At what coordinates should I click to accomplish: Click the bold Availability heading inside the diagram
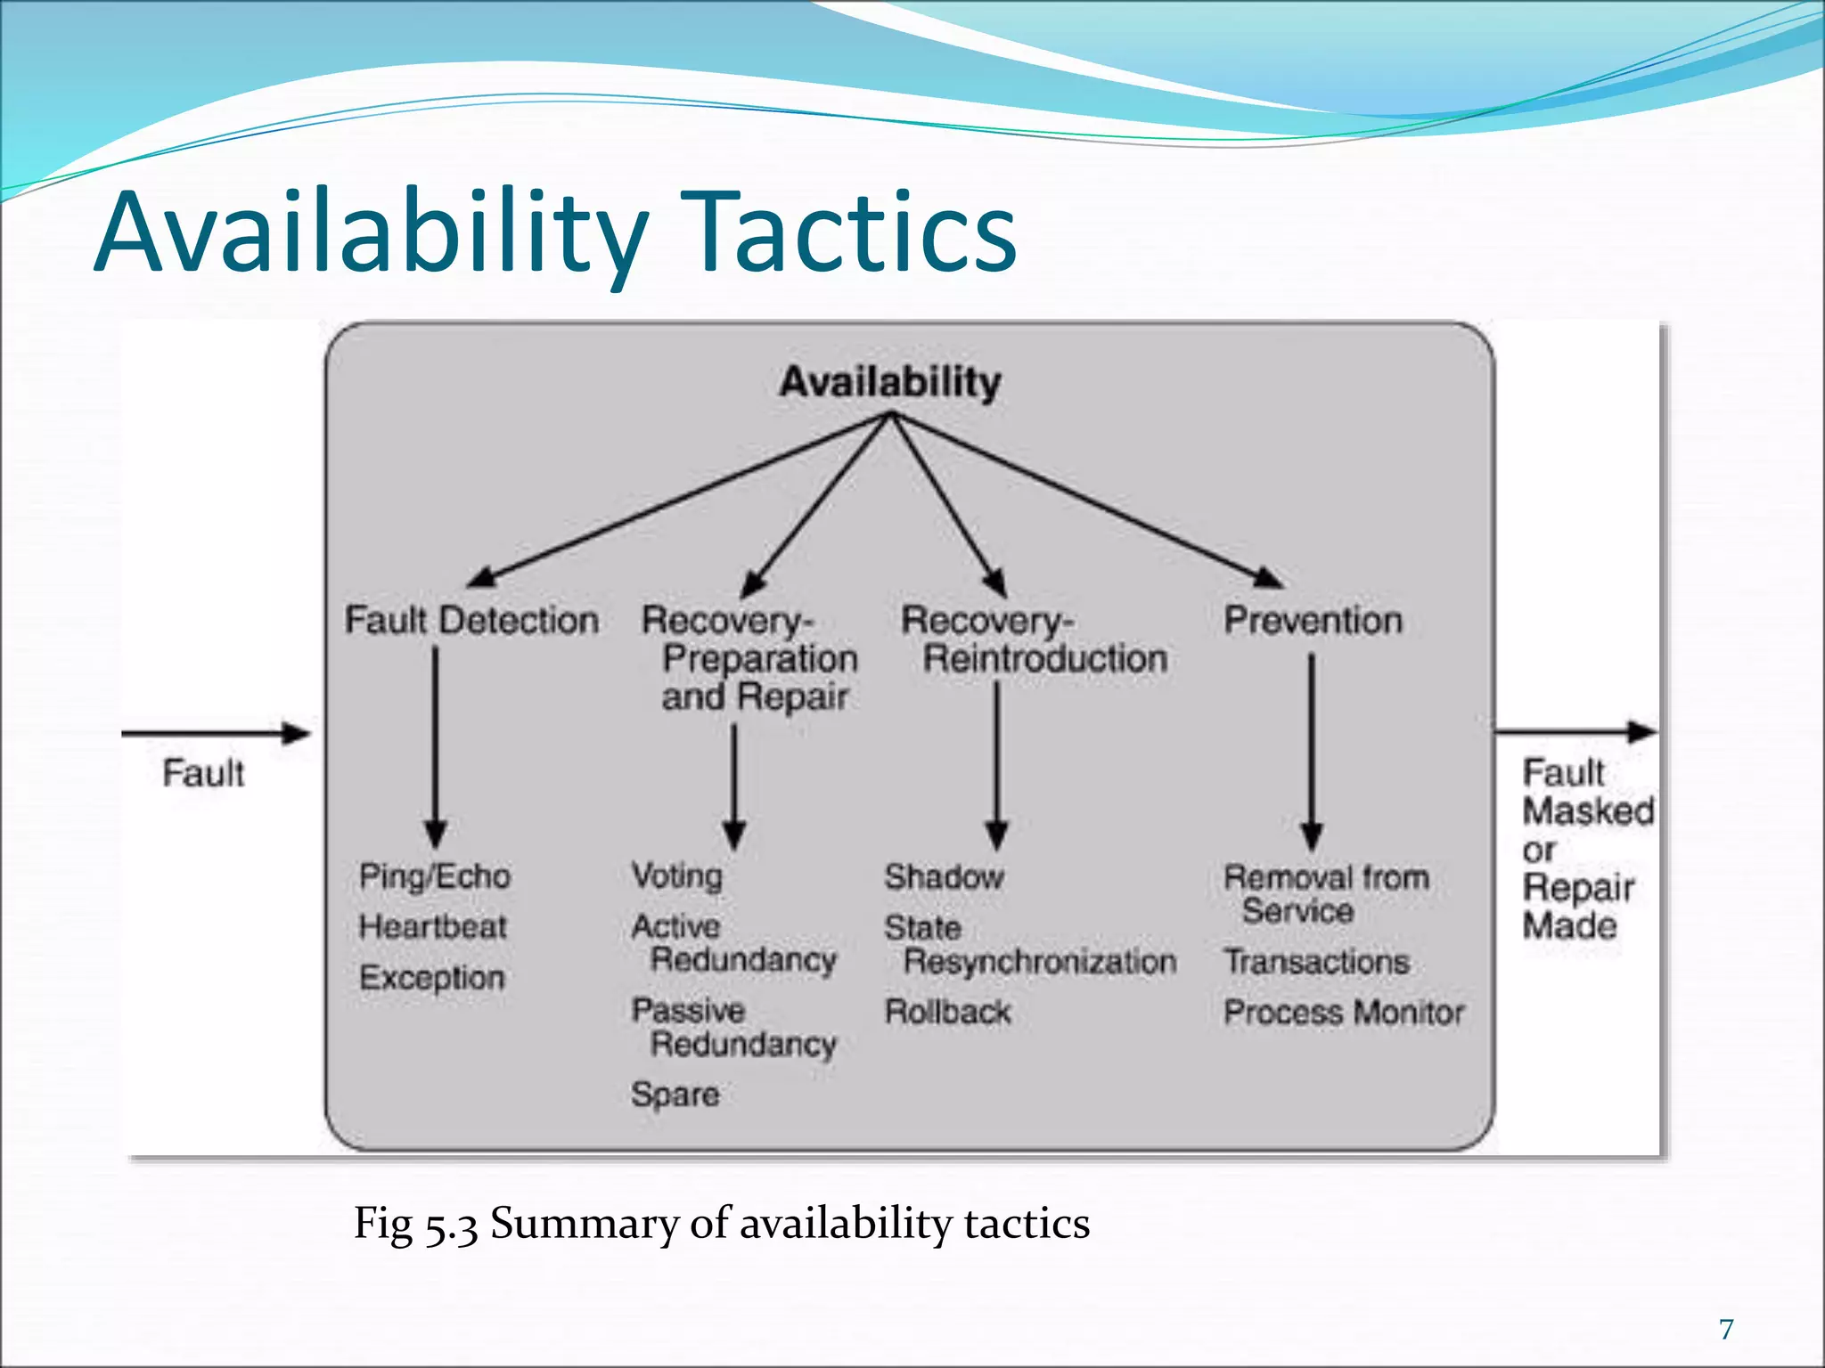[x=889, y=382]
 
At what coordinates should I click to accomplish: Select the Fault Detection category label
[x=471, y=621]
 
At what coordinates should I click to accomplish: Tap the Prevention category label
[x=1313, y=621]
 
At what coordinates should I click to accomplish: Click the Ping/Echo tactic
[x=435, y=876]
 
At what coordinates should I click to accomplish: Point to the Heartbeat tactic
[x=432, y=927]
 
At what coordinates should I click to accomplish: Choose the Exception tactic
[x=432, y=978]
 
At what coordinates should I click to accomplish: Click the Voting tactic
[x=676, y=875]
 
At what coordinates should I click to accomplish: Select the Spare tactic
[x=675, y=1095]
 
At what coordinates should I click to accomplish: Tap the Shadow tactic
[x=944, y=877]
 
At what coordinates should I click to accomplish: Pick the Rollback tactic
[x=947, y=1013]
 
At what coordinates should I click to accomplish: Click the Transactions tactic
[x=1316, y=962]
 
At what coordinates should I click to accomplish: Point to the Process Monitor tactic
[x=1343, y=1013]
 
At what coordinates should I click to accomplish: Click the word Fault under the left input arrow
[x=203, y=773]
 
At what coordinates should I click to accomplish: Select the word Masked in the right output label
[x=1588, y=811]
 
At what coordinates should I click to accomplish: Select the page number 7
[x=1726, y=1330]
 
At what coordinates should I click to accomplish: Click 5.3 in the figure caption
[x=450, y=1225]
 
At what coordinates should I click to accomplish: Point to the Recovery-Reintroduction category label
[x=1034, y=639]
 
